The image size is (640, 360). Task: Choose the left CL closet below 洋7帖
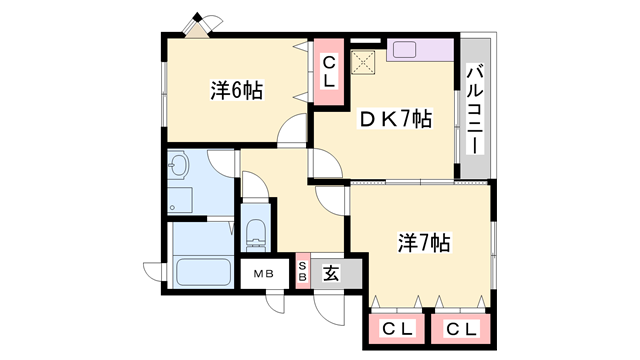point(398,329)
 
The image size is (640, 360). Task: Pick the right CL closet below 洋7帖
point(460,329)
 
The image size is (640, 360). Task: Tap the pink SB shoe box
point(303,273)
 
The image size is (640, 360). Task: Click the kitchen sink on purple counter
point(405,48)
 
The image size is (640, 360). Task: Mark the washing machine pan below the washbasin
point(179,199)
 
